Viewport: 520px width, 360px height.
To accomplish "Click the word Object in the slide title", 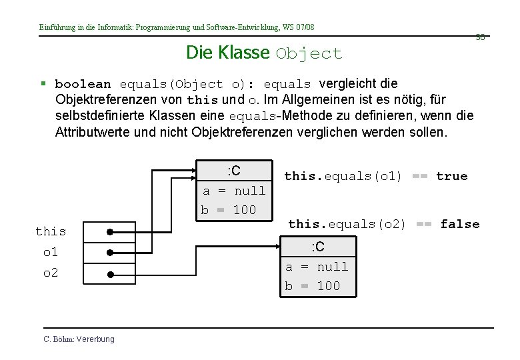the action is coord(309,54).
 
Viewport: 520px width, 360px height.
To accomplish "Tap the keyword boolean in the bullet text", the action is coord(83,85).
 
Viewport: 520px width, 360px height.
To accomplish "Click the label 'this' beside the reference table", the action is coord(51,231).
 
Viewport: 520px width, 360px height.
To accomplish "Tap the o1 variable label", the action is coord(50,252).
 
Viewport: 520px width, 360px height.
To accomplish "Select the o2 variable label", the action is coord(50,273).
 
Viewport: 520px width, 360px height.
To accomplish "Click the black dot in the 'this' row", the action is coord(110,233).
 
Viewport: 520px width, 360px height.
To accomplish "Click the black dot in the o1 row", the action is coord(110,253).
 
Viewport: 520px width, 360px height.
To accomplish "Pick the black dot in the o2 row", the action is coord(110,274).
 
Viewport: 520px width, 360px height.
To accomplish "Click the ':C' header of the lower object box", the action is coord(318,247).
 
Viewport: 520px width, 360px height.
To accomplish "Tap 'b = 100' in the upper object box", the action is coord(229,210).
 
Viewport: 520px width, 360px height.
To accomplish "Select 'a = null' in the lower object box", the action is coord(317,267).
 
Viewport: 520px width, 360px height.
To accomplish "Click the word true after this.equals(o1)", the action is coord(452,176).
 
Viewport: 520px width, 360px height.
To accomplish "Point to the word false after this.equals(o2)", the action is coord(460,224).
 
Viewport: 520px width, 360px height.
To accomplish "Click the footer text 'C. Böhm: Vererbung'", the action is coord(79,339).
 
